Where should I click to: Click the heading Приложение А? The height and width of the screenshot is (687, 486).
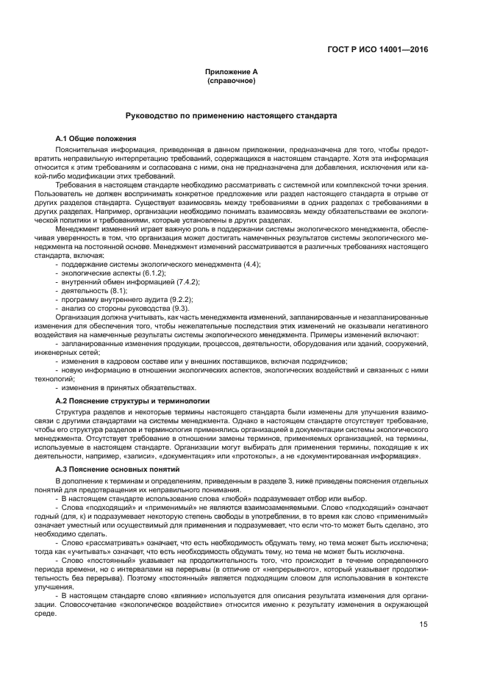[x=231, y=72]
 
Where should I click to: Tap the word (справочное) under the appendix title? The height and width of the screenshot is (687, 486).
[x=231, y=80]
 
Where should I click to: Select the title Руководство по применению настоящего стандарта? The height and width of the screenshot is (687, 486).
[x=231, y=116]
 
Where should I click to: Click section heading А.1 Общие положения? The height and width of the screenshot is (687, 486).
[x=96, y=139]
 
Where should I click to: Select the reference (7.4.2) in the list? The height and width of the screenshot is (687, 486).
[x=188, y=281]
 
